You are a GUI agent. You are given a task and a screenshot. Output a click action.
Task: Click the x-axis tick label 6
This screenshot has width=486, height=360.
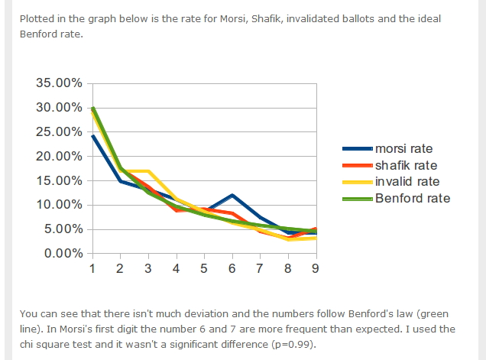click(232, 268)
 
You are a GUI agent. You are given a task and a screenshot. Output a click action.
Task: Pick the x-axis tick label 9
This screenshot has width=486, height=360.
click(316, 268)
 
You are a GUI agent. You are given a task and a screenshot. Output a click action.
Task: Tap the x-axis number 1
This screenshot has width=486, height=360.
click(92, 268)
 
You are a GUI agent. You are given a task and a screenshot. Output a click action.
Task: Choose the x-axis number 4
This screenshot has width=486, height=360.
click(176, 268)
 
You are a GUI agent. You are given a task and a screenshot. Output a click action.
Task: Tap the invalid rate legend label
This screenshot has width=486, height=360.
click(407, 182)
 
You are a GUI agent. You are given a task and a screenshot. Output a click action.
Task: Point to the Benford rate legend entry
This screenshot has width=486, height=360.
click(413, 198)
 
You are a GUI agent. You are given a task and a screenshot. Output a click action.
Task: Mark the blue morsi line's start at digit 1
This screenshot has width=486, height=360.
click(92, 136)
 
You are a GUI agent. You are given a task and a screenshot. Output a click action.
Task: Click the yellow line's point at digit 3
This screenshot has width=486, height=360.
click(147, 171)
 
